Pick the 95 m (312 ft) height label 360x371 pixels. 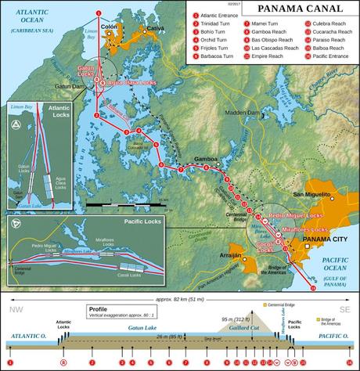pyautogui.click(x=233, y=319)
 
